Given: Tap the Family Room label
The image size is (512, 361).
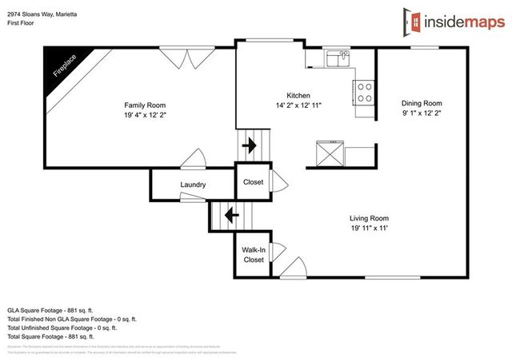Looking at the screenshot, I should (145, 105).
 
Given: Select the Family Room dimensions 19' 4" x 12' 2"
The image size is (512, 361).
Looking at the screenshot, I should (145, 115).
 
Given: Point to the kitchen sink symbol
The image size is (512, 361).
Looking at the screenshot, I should (338, 58).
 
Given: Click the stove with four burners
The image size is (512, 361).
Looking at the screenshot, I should (365, 93).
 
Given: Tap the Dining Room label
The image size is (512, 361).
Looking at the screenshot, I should (421, 103).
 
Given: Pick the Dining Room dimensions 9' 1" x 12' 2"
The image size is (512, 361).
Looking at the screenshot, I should (421, 113).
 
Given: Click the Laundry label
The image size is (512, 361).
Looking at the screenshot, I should (193, 185).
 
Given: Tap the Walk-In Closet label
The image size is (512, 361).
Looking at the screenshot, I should (254, 255).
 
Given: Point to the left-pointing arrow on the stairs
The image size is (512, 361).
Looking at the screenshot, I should (231, 215).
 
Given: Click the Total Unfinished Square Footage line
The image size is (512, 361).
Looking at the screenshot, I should (62, 327).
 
